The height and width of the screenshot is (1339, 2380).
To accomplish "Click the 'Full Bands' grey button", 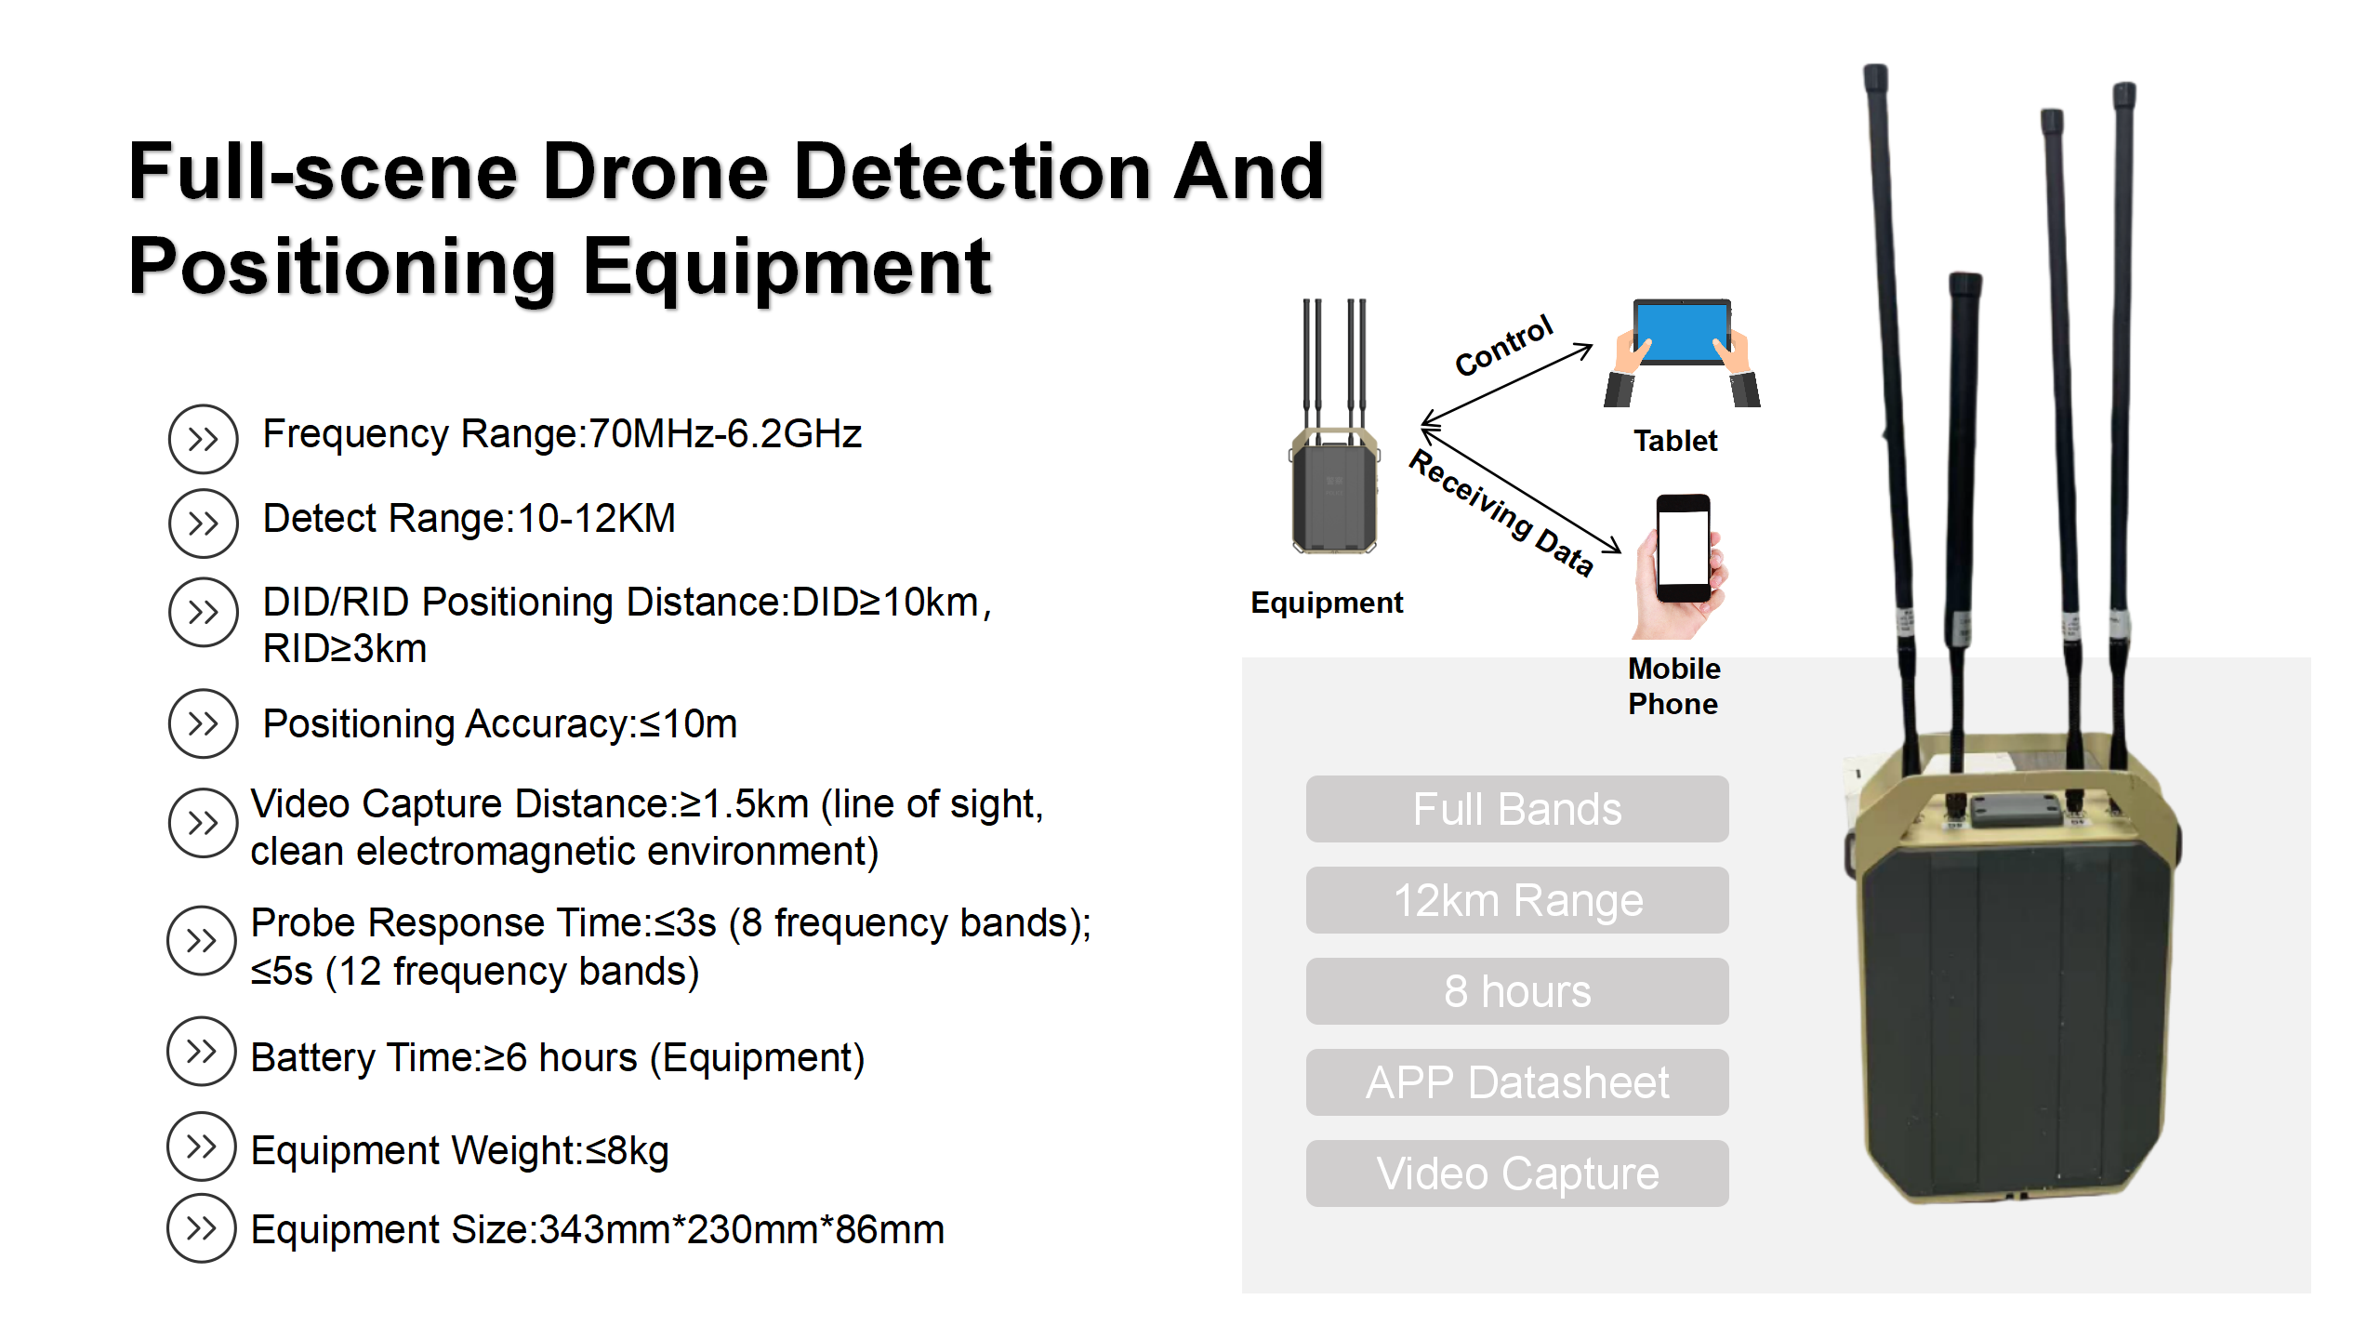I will click(1516, 809).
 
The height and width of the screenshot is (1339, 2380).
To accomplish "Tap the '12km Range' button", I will click(1516, 900).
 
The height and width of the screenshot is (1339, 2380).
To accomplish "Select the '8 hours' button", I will click(1516, 991).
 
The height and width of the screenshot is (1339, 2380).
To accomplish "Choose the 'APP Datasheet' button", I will click(1516, 1082).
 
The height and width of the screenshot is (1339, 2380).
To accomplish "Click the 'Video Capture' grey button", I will click(1516, 1173).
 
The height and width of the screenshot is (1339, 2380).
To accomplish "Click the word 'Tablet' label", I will click(1675, 441).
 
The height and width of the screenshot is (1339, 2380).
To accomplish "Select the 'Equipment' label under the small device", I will click(1327, 603).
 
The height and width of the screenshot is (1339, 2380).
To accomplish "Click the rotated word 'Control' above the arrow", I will click(1503, 345).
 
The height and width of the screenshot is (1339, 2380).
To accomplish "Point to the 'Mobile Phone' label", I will click(1673, 686).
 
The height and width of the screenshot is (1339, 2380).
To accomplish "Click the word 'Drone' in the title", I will click(655, 172).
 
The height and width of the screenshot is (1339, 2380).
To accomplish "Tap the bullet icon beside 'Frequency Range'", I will click(203, 438).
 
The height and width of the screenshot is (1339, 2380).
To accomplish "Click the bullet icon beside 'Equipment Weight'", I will click(201, 1147).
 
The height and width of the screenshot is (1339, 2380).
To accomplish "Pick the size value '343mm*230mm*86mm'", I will click(741, 1230).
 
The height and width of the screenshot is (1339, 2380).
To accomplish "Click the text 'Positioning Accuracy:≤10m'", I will click(500, 724).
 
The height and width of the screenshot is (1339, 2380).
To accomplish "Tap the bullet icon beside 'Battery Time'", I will click(201, 1052).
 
